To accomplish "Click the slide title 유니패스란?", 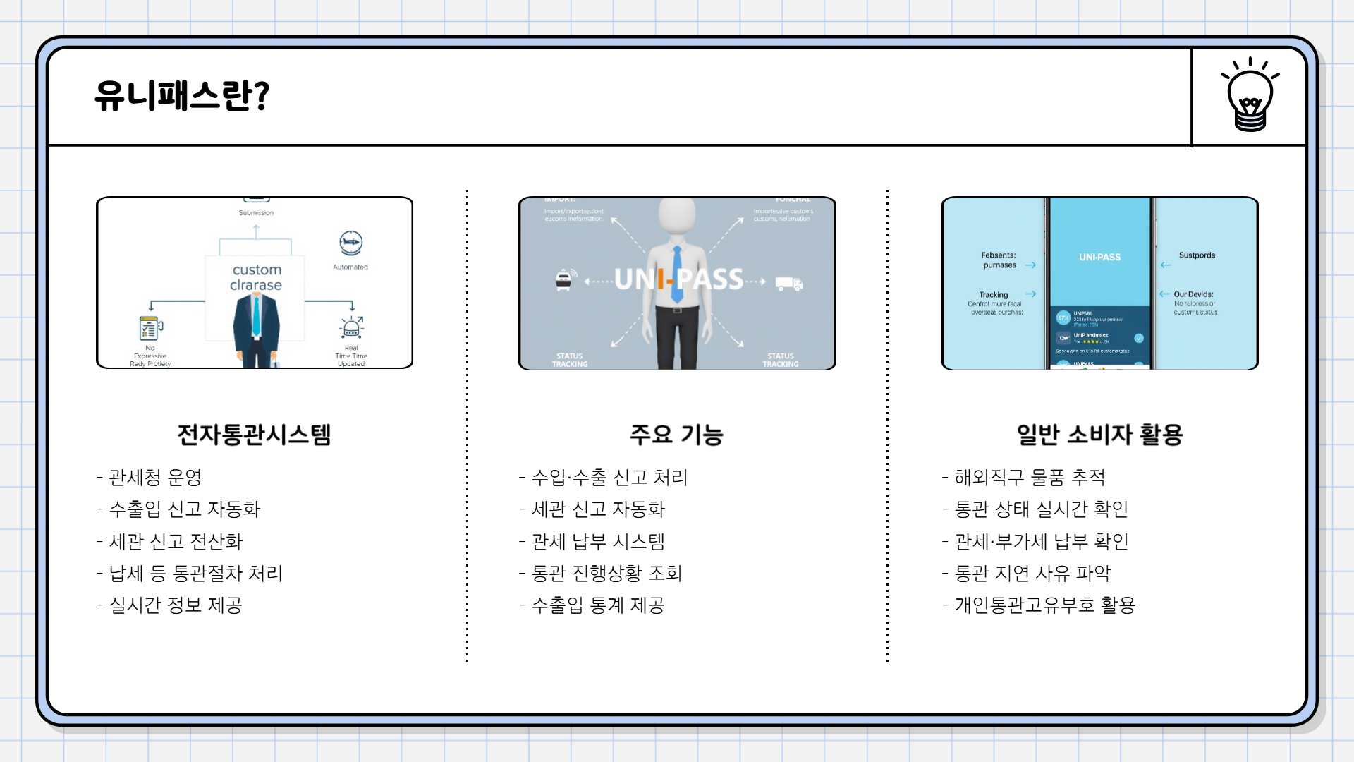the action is coord(182,96).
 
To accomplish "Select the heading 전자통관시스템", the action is coord(254,434).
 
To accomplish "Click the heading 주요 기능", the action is coord(676,434).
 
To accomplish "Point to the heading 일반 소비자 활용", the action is coord(1099,434).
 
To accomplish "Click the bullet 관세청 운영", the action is coord(155,478).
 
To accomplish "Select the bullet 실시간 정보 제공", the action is coord(176,605).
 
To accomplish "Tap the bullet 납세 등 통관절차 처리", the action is coord(195,574).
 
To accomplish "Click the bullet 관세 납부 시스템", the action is coord(597,542).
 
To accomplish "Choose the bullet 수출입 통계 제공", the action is coord(597,605).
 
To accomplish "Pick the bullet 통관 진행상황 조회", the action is coord(606,574).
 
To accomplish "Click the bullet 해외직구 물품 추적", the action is coord(1030,478).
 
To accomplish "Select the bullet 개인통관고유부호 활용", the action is coord(1044,605).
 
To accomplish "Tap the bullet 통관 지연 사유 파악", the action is coord(1032,574).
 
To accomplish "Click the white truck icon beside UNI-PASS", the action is coord(788,284).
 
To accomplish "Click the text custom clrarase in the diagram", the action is coord(256,277).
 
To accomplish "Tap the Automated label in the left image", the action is coord(350,267).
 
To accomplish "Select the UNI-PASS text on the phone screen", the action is coord(1099,257).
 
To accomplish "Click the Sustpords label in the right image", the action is coord(1197,255).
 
